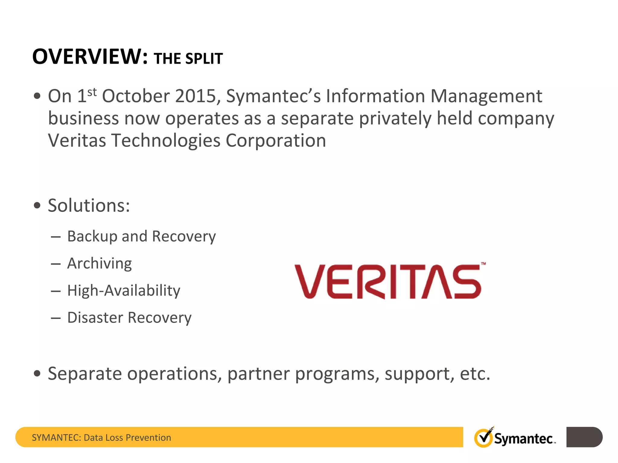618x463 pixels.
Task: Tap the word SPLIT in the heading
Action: pos(204,58)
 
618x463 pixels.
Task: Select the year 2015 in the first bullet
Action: pos(196,96)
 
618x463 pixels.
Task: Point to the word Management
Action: pos(486,96)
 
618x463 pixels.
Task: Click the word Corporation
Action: pos(276,141)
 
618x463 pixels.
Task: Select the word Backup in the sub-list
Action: pos(92,236)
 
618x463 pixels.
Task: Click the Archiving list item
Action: pos(100,264)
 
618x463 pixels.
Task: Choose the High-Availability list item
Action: pos(124,291)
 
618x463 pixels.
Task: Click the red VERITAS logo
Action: pos(388,282)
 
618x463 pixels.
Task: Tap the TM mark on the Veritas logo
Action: pos(483,264)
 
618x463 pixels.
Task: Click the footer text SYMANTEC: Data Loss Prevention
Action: pos(101,437)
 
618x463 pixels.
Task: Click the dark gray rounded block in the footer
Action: pos(584,437)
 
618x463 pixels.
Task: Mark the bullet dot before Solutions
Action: pos(37,206)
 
